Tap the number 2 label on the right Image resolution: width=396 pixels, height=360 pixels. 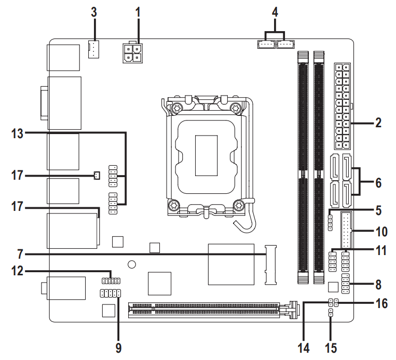coord(378,123)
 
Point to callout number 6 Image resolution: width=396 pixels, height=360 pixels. coord(378,183)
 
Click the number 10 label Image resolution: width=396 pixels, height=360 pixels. coord(381,230)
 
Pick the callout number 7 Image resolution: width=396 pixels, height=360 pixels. coord(19,254)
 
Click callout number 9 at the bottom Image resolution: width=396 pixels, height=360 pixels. coord(119,348)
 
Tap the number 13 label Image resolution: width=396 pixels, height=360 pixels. coord(17,134)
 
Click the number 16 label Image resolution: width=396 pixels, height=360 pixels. coord(381,303)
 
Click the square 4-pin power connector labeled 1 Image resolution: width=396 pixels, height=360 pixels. coord(133,53)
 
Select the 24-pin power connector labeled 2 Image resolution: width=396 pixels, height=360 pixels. coord(342,105)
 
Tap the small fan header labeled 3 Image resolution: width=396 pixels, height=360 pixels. coord(93,50)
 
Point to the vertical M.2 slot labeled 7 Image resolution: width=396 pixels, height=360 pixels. coord(270,264)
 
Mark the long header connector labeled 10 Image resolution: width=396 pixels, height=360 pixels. coord(346,230)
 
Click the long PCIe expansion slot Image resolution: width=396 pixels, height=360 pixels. coord(210,310)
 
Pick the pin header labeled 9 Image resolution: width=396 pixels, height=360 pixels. coord(111,294)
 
